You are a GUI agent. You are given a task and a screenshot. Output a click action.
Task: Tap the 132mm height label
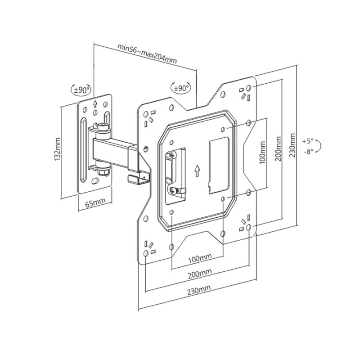coord(57,149)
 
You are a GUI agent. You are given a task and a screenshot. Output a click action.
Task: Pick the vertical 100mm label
coord(262,153)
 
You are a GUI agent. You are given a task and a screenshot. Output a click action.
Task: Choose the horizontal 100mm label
coord(200,259)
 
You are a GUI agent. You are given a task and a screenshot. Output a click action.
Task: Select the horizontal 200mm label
coord(199,274)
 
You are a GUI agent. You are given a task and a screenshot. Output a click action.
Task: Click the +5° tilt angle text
coord(308,141)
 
